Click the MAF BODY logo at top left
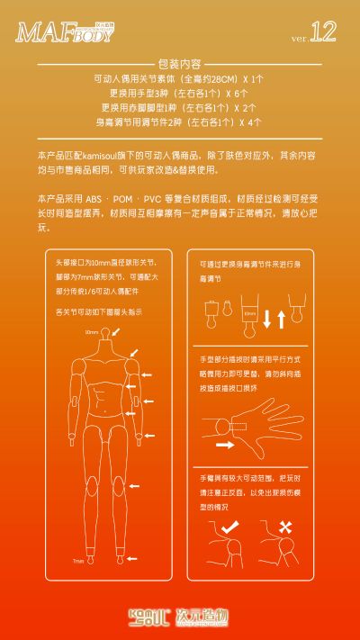65,33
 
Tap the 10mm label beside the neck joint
92,332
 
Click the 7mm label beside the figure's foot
78,560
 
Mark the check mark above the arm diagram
229,525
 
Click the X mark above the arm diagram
286,526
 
